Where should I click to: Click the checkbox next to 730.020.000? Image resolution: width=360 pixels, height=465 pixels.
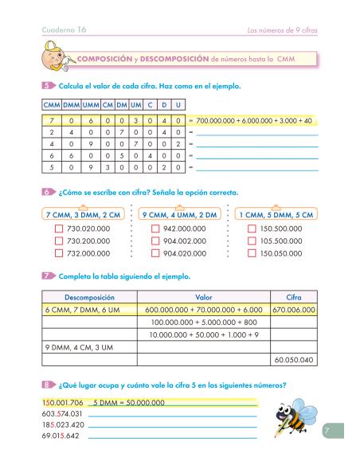click(x=59, y=229)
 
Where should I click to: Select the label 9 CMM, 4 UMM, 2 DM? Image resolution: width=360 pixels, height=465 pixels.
click(x=178, y=214)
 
